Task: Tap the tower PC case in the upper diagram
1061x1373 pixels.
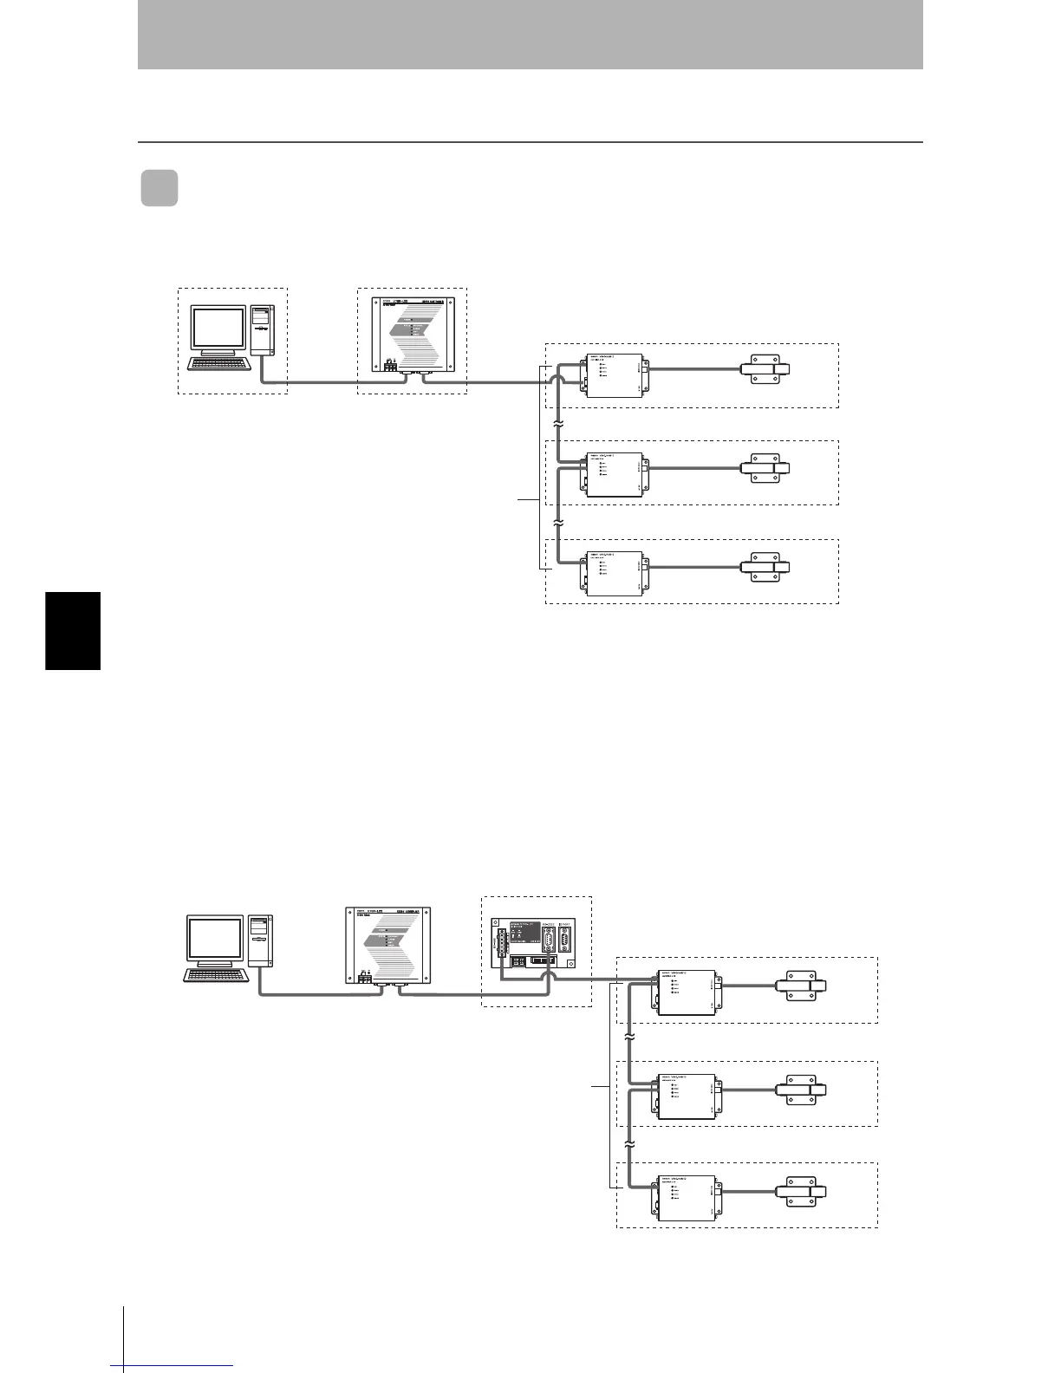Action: coord(262,331)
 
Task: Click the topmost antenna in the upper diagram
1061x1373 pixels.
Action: coord(766,370)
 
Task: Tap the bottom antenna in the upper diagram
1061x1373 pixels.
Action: coord(766,568)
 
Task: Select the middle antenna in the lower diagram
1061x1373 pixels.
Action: coord(805,1090)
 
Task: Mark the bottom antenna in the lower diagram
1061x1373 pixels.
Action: coord(805,1192)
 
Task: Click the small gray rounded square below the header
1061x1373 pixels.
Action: coord(159,189)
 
